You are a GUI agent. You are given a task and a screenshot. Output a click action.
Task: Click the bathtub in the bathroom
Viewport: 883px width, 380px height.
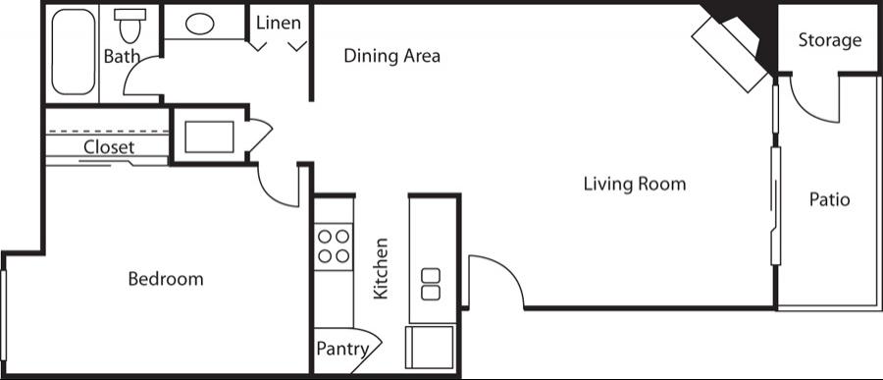[74, 52]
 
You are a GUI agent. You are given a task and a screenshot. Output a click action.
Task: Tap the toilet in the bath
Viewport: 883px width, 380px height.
[130, 26]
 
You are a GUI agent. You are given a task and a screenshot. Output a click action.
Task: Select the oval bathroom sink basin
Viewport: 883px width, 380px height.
[200, 25]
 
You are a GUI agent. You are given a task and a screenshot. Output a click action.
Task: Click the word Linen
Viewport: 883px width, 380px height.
[279, 24]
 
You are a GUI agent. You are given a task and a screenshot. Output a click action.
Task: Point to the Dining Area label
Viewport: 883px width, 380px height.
[391, 56]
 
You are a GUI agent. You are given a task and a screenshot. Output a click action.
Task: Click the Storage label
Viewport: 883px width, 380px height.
[830, 40]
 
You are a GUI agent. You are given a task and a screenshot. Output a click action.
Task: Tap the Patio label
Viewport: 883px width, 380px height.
[829, 199]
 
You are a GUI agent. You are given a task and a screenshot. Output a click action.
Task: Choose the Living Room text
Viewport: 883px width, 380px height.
[635, 184]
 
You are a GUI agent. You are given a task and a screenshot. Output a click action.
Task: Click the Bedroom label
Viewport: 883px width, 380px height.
[166, 279]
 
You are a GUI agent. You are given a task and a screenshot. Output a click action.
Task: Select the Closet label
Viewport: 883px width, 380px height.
[109, 147]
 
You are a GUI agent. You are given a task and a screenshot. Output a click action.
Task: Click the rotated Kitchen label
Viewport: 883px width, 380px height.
[382, 268]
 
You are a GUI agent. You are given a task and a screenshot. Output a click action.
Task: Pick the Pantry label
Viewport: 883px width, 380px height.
[342, 349]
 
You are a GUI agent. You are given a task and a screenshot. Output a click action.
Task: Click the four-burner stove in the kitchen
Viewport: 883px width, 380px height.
[334, 246]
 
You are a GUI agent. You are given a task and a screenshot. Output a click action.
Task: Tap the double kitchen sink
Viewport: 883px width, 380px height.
[431, 284]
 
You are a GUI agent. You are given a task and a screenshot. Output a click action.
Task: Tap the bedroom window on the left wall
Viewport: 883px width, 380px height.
[3, 316]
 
